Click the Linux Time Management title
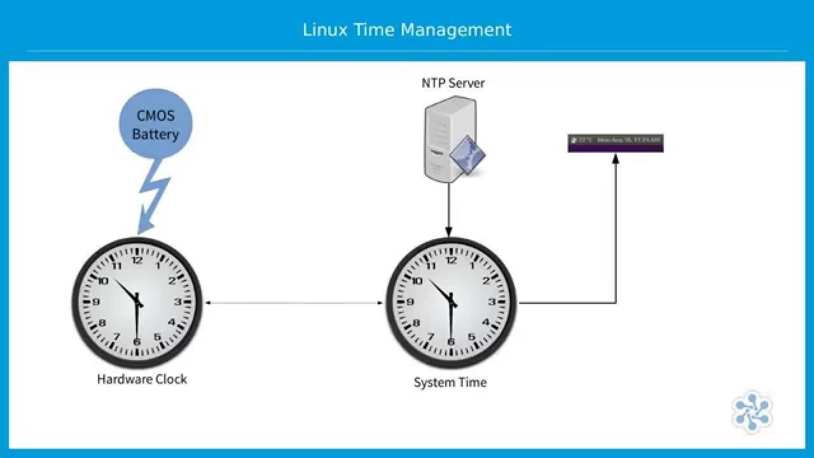[406, 30]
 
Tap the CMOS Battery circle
[155, 125]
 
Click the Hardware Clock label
[142, 379]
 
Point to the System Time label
[450, 382]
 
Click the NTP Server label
[453, 83]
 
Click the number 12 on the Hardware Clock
[137, 260]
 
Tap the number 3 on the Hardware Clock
[178, 302]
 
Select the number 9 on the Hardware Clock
[96, 302]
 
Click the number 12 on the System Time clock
[452, 260]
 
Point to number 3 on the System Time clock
[492, 302]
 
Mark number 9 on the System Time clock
[411, 302]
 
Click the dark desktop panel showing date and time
[615, 143]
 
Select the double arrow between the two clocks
[294, 303]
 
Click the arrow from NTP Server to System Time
[448, 210]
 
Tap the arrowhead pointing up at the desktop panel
[615, 159]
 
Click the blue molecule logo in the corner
[752, 412]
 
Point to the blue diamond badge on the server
[467, 155]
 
